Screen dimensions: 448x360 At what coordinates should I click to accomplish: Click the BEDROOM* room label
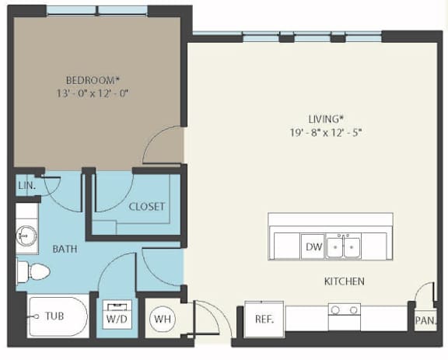pyautogui.click(x=93, y=80)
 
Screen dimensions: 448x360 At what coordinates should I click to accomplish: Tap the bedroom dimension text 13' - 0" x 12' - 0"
pyautogui.click(x=92, y=93)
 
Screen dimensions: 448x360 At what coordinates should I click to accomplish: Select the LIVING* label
pyautogui.click(x=325, y=119)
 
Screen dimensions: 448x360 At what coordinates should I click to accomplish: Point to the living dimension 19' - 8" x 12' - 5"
pyautogui.click(x=326, y=133)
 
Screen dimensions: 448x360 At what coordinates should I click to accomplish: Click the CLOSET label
pyautogui.click(x=146, y=207)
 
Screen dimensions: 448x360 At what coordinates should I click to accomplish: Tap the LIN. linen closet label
pyautogui.click(x=27, y=186)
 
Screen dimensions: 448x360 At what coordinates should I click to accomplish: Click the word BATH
pyautogui.click(x=65, y=249)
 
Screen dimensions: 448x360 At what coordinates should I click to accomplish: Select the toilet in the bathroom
pyautogui.click(x=33, y=271)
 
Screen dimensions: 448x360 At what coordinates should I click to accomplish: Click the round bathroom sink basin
pyautogui.click(x=26, y=236)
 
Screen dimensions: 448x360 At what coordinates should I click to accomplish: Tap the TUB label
pyautogui.click(x=54, y=316)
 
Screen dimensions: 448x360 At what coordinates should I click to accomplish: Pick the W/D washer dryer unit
pyautogui.click(x=117, y=314)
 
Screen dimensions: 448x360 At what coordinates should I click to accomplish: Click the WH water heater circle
pyautogui.click(x=163, y=319)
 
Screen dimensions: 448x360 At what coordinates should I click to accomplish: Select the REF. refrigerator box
pyautogui.click(x=264, y=319)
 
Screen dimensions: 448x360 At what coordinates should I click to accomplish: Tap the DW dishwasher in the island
pyautogui.click(x=313, y=246)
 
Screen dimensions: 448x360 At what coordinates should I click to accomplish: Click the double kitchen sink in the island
pyautogui.click(x=343, y=246)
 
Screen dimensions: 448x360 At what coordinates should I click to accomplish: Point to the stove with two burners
pyautogui.click(x=345, y=316)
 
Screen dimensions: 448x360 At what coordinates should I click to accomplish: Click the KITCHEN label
pyautogui.click(x=345, y=281)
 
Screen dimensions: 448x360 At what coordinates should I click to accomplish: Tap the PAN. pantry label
pyautogui.click(x=425, y=320)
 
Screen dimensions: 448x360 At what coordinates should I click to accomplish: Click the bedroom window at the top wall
pyautogui.click(x=97, y=11)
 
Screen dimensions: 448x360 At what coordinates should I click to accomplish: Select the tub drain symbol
pyautogui.click(x=37, y=316)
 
